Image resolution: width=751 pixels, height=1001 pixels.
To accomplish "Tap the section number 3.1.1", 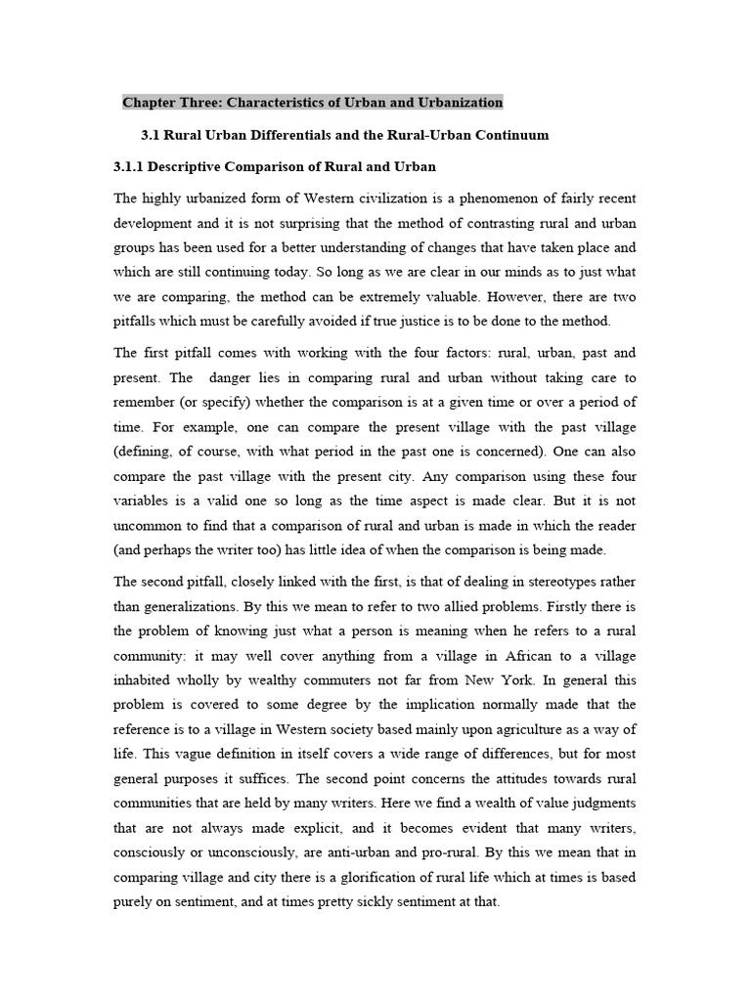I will coord(135,166).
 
